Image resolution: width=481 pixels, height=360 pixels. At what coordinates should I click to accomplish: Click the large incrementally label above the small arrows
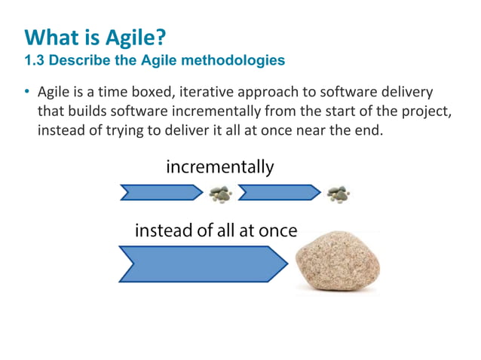point(220,167)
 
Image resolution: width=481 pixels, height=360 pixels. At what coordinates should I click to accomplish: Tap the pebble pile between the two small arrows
point(221,194)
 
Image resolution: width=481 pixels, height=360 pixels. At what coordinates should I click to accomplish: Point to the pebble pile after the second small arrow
point(339,194)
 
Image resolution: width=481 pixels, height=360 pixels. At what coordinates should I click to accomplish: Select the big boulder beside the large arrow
point(337,259)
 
